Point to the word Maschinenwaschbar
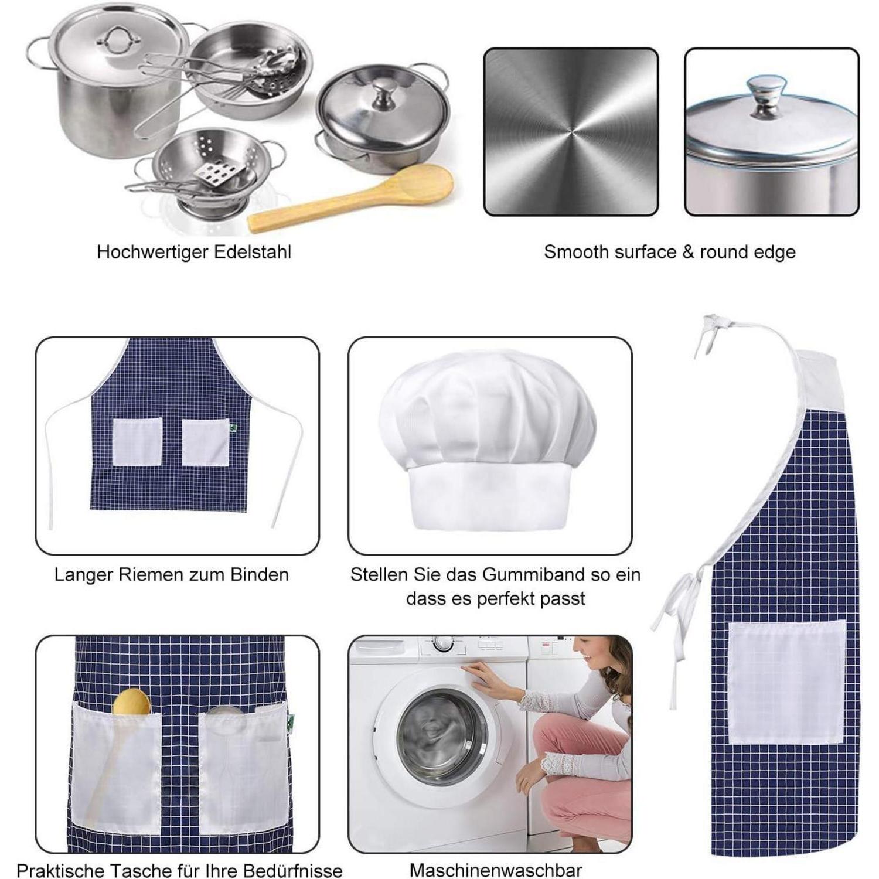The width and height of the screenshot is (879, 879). pyautogui.click(x=496, y=870)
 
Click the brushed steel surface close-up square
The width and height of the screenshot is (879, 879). pyautogui.click(x=571, y=131)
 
